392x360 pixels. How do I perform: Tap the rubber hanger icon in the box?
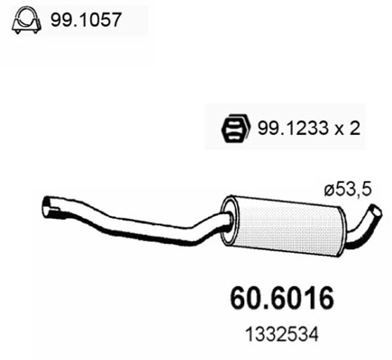(x=232, y=129)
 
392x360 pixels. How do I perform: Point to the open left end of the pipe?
(x=48, y=210)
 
